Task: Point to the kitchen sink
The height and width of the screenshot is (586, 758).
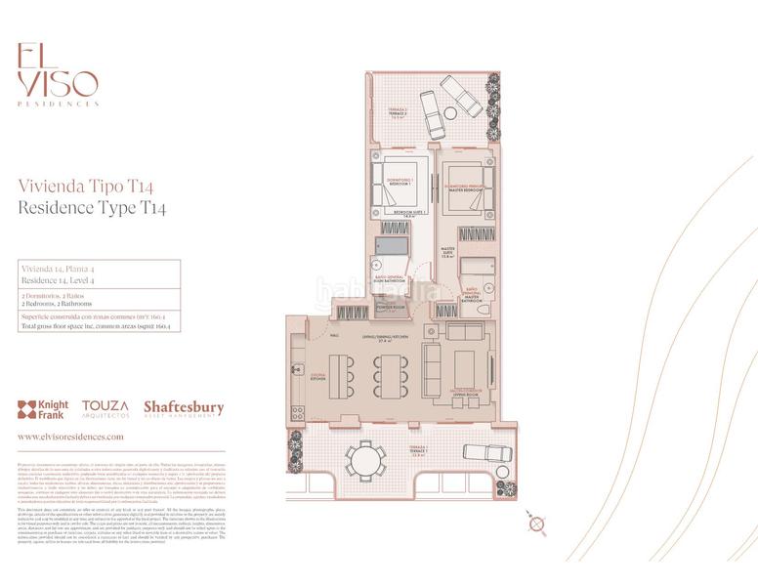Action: pyautogui.click(x=297, y=370)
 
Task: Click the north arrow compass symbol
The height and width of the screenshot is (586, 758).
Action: pyautogui.click(x=535, y=524)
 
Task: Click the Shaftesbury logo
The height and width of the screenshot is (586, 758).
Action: pyautogui.click(x=184, y=408)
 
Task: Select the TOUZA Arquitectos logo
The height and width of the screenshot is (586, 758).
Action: pyautogui.click(x=105, y=408)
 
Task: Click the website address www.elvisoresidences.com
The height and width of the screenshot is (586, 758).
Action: pyautogui.click(x=71, y=438)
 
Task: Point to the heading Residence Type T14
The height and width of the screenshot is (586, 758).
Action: pyautogui.click(x=93, y=208)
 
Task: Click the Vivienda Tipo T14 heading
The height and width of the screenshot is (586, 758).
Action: pyautogui.click(x=86, y=186)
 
